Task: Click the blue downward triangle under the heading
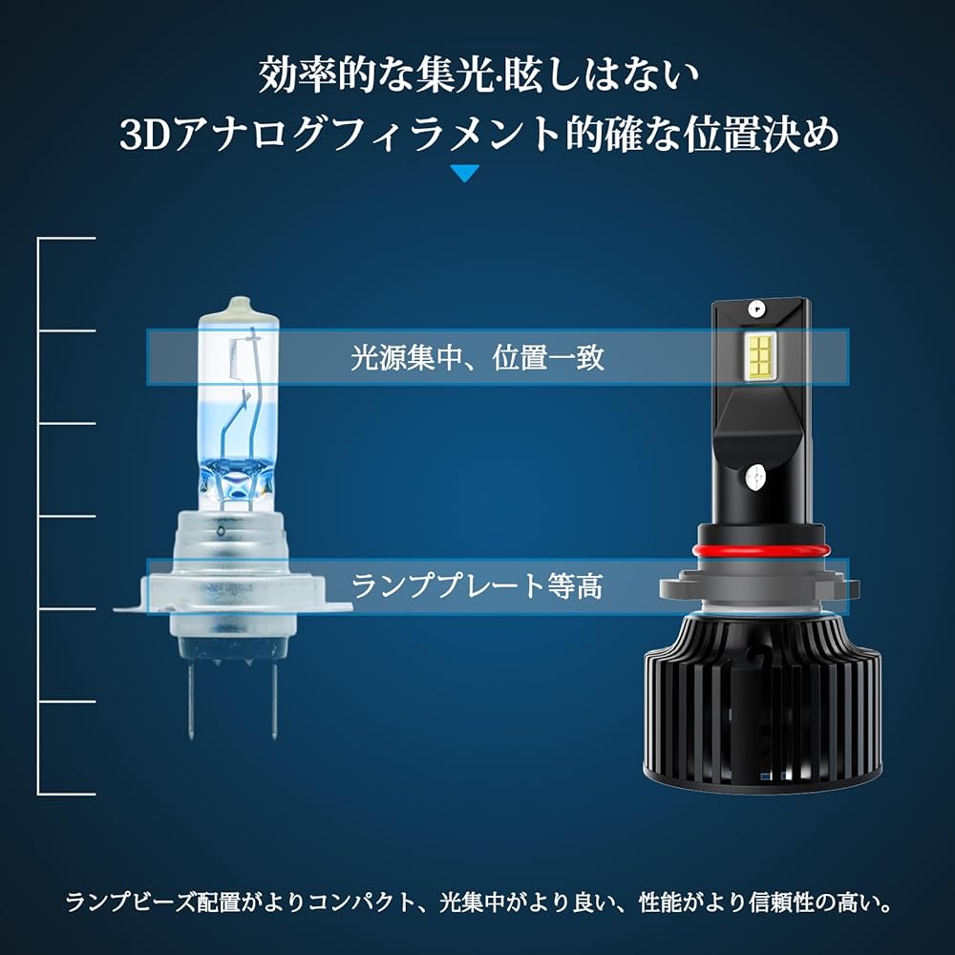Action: (465, 173)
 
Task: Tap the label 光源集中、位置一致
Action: (477, 357)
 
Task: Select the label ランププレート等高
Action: (477, 586)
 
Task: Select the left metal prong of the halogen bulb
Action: (191, 700)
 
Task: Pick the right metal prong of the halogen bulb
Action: (274, 700)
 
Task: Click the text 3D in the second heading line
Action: (144, 135)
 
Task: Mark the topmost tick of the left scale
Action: (67, 238)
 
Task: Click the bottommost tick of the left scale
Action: (67, 794)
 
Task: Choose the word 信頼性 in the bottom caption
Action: (781, 902)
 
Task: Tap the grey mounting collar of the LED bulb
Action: (759, 586)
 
